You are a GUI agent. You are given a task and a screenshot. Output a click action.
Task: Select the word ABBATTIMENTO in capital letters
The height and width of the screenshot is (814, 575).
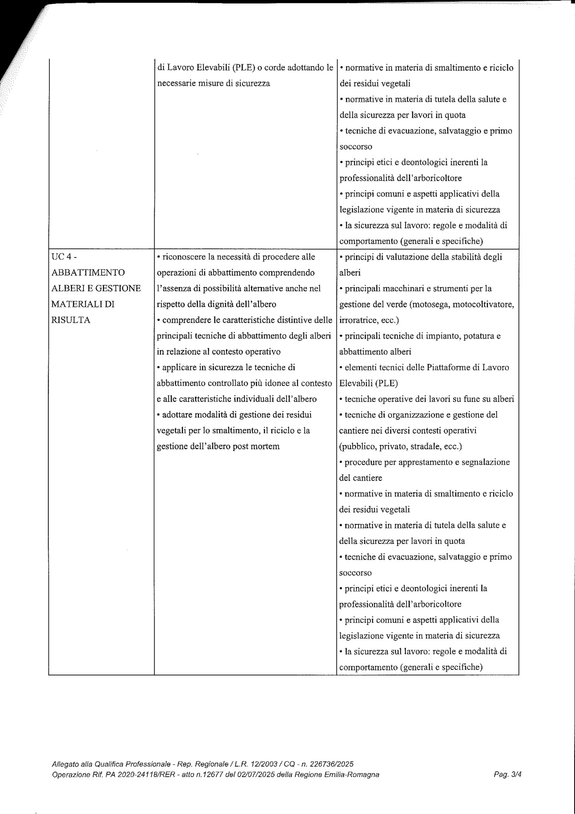(x=88, y=273)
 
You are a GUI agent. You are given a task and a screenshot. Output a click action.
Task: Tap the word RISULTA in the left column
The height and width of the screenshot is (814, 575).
(x=71, y=320)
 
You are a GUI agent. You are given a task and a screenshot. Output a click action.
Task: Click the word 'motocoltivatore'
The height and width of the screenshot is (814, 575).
(x=480, y=304)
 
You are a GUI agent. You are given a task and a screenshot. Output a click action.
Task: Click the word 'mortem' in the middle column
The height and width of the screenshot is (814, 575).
(x=265, y=446)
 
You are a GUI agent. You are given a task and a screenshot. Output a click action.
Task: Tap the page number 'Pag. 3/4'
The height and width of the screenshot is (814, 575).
(x=508, y=775)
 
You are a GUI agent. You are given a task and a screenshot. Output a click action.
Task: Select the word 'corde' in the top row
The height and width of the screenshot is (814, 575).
(x=275, y=67)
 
